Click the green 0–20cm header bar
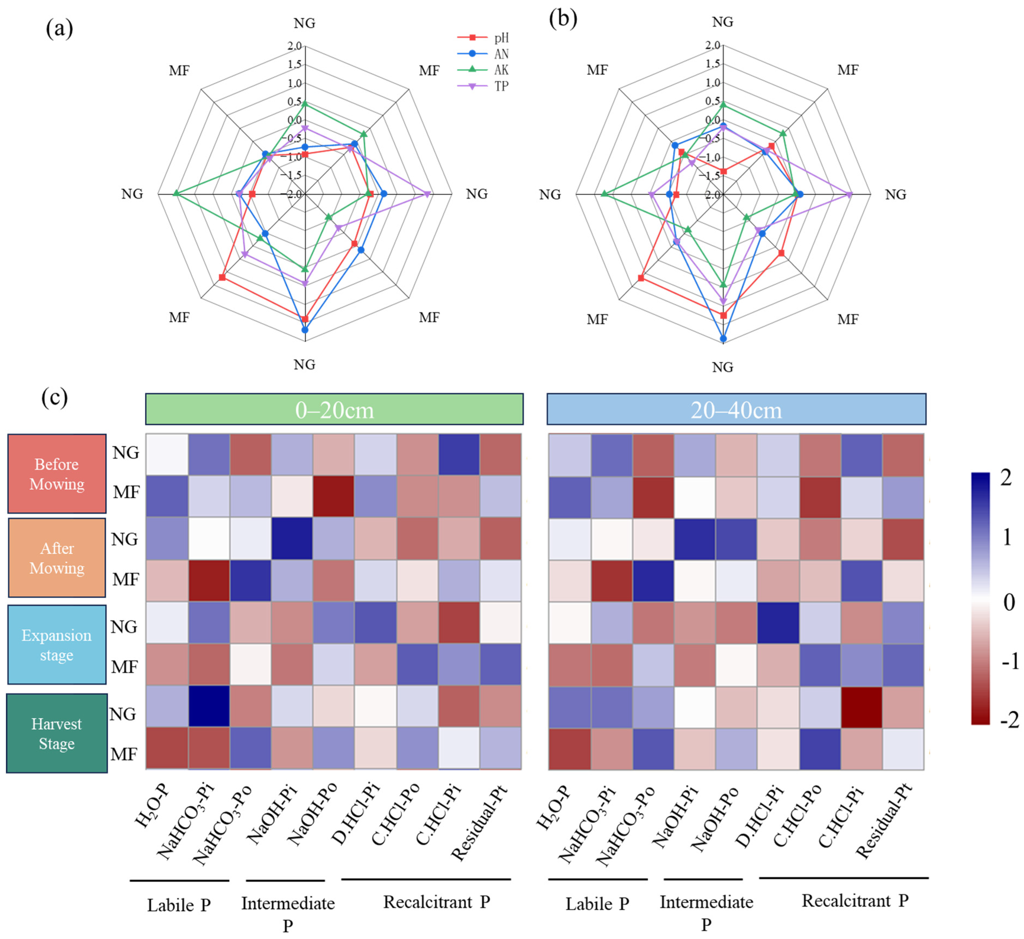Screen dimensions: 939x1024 334,409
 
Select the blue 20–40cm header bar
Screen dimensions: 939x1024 736,409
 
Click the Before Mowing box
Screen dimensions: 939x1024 57,474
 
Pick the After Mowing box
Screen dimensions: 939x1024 57,558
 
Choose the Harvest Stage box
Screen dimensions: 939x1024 57,733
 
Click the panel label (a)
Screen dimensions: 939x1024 59,29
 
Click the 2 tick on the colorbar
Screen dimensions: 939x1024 1006,478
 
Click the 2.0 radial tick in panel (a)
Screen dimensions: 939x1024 295,46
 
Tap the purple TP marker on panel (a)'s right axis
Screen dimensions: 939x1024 428,194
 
